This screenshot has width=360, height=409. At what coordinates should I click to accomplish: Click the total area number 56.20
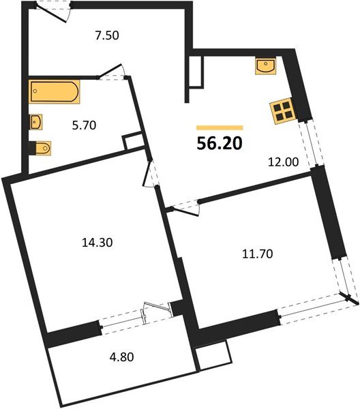coord(220,144)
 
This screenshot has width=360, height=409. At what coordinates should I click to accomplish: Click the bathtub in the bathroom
coord(55,91)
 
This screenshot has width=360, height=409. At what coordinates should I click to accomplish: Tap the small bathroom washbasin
coord(36,121)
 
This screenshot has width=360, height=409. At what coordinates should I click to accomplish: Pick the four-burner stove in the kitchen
coord(281,112)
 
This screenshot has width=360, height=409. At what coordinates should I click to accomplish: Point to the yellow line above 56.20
coord(220,127)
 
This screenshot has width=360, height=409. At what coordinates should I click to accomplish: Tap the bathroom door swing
coord(111,73)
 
